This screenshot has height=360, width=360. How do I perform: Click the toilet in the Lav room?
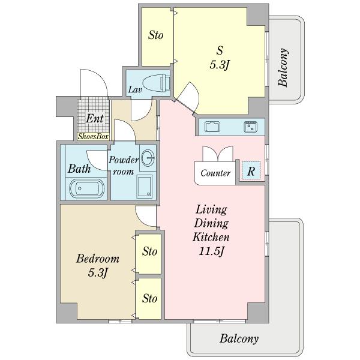157,83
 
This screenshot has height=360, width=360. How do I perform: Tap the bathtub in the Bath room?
87,188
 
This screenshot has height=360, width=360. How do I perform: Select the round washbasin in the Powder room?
148,158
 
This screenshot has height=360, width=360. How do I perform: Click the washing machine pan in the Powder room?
145,187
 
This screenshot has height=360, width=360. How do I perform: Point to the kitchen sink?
212,127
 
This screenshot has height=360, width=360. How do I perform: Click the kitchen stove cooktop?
251,127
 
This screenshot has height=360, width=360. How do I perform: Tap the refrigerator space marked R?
251,170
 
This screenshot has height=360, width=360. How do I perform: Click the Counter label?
215,173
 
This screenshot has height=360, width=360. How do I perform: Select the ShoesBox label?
93,136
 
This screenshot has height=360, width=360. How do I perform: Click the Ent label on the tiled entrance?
95,118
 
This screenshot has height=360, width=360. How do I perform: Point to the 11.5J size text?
211,251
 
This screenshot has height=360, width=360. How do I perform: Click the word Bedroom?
98,259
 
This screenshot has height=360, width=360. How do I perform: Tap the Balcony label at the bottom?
239,338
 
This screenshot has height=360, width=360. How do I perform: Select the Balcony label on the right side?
283,67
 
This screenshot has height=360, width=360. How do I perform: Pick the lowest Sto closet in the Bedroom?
149,298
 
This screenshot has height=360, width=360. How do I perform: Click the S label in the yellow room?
220,50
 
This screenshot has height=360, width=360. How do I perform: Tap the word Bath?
79,169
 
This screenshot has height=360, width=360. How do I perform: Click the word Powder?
124,160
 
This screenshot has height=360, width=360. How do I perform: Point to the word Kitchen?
211,237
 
